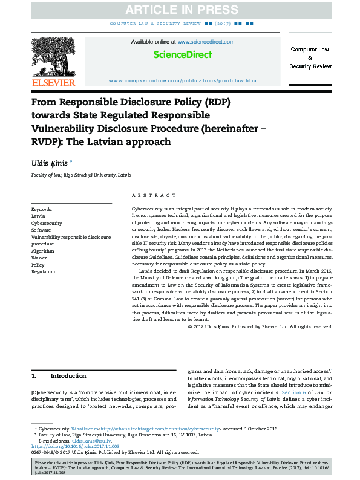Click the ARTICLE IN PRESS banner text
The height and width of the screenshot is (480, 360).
180,10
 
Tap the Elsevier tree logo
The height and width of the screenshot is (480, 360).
53,57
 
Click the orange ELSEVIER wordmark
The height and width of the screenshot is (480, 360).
53,82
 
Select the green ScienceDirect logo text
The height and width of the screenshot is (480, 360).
182,54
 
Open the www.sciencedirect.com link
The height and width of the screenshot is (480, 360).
203,42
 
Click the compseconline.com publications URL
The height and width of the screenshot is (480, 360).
182,80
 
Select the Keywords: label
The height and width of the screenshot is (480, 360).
42,209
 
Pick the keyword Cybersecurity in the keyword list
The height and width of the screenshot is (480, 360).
46,222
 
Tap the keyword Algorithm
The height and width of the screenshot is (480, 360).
42,250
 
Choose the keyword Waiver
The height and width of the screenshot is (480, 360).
39,258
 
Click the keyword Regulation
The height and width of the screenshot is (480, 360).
43,272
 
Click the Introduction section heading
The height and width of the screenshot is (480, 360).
68,375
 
